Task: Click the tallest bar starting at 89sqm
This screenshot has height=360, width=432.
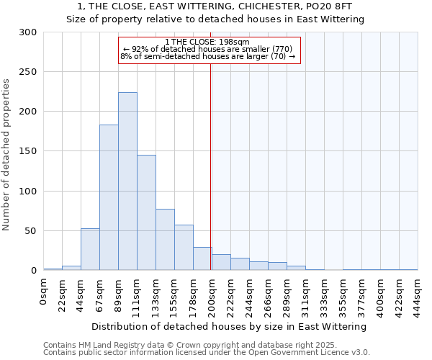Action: [127, 181]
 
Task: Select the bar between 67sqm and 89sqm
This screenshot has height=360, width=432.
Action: [109, 197]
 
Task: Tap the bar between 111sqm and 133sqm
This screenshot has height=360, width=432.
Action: [146, 212]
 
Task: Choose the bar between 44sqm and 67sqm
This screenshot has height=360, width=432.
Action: [90, 249]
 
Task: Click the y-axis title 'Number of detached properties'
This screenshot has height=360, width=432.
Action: [7, 155]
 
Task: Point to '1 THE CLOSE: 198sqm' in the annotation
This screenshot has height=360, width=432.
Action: [207, 42]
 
